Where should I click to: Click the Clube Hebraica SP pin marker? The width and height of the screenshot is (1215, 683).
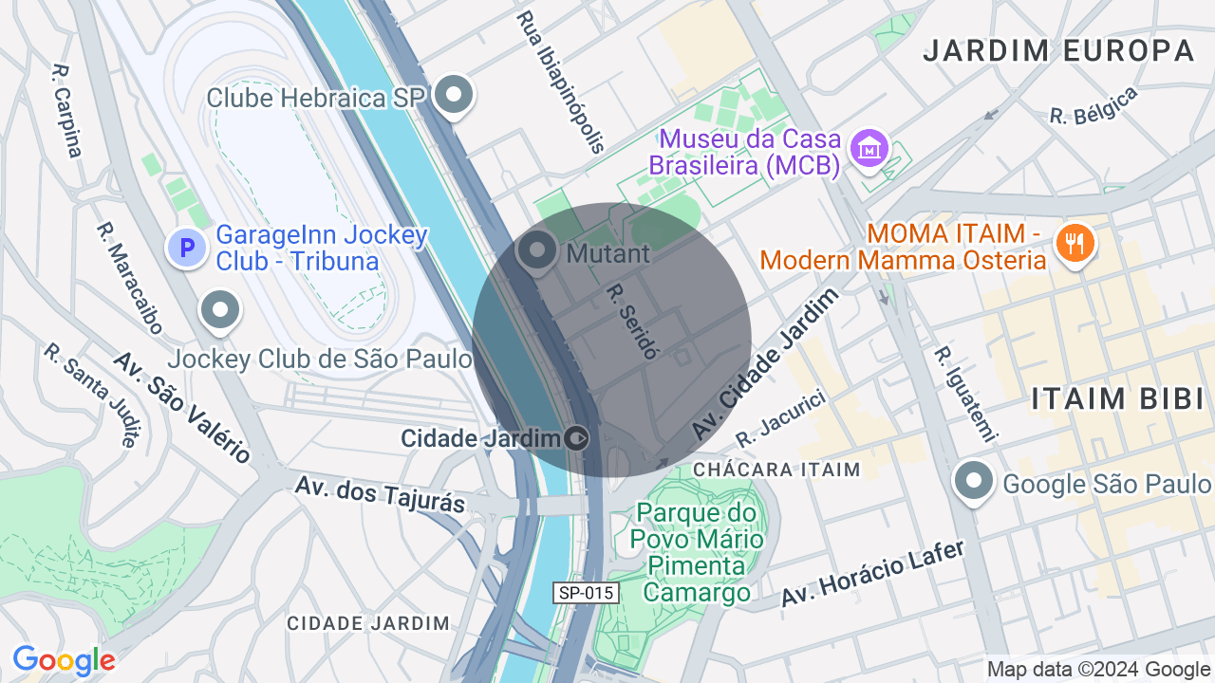point(455,95)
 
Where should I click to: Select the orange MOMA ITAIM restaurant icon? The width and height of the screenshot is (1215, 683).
point(1075,244)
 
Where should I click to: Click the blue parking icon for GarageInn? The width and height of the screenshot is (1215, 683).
point(188,248)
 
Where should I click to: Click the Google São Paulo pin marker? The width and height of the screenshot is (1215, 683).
point(974,482)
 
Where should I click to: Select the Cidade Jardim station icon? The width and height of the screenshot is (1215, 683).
point(576,438)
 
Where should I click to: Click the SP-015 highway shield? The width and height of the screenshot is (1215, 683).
point(587,593)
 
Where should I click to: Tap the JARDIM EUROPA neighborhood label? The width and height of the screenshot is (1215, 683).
point(1058,50)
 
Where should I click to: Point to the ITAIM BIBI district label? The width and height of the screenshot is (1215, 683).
point(1117,398)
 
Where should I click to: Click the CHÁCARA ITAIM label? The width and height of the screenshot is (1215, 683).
point(776,470)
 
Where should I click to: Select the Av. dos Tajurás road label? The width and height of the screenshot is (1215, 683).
point(380,493)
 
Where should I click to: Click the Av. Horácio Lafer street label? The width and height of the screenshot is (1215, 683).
point(872,573)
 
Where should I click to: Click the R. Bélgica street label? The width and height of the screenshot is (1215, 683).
point(1093,105)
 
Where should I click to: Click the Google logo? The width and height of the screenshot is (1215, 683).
point(64,660)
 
